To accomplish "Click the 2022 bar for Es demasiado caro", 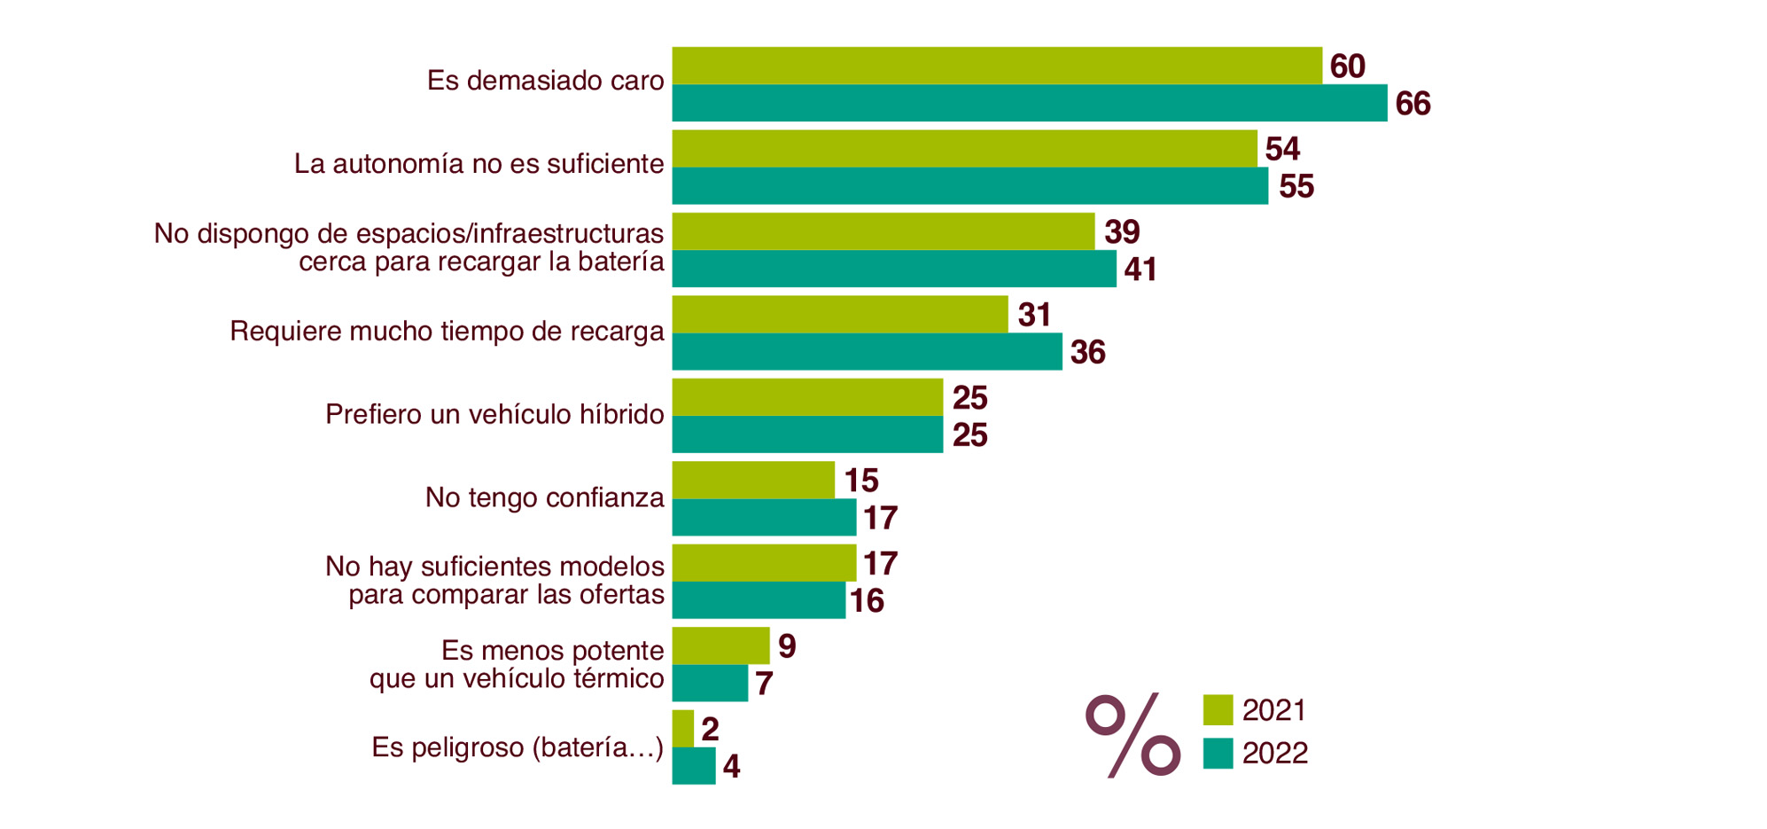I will pyautogui.click(x=1029, y=103).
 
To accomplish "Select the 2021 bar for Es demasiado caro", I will pyautogui.click(x=997, y=66).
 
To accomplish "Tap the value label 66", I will pyautogui.click(x=1413, y=104).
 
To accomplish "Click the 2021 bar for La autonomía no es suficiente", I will pyautogui.click(x=964, y=149).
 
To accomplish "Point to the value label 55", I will pyautogui.click(x=1296, y=187).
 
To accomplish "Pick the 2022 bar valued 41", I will pyautogui.click(x=893, y=269).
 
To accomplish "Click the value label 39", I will pyautogui.click(x=1121, y=232).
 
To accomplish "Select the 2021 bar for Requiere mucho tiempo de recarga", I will pyautogui.click(x=839, y=315).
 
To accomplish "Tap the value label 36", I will pyautogui.click(x=1087, y=353).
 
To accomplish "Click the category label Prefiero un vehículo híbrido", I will pyautogui.click(x=494, y=414).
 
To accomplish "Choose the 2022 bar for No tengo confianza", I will pyautogui.click(x=764, y=517).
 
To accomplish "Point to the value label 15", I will pyautogui.click(x=860, y=481).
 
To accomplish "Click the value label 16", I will pyautogui.click(x=867, y=601).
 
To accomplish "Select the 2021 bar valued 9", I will pyautogui.click(x=720, y=645).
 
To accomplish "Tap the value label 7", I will pyautogui.click(x=764, y=684).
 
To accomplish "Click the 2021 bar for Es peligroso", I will pyautogui.click(x=682, y=729).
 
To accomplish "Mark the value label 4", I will pyautogui.click(x=731, y=767).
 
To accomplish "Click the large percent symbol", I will pyautogui.click(x=1133, y=735).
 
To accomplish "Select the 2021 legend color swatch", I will pyautogui.click(x=1218, y=710).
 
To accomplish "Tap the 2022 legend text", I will pyautogui.click(x=1274, y=754).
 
